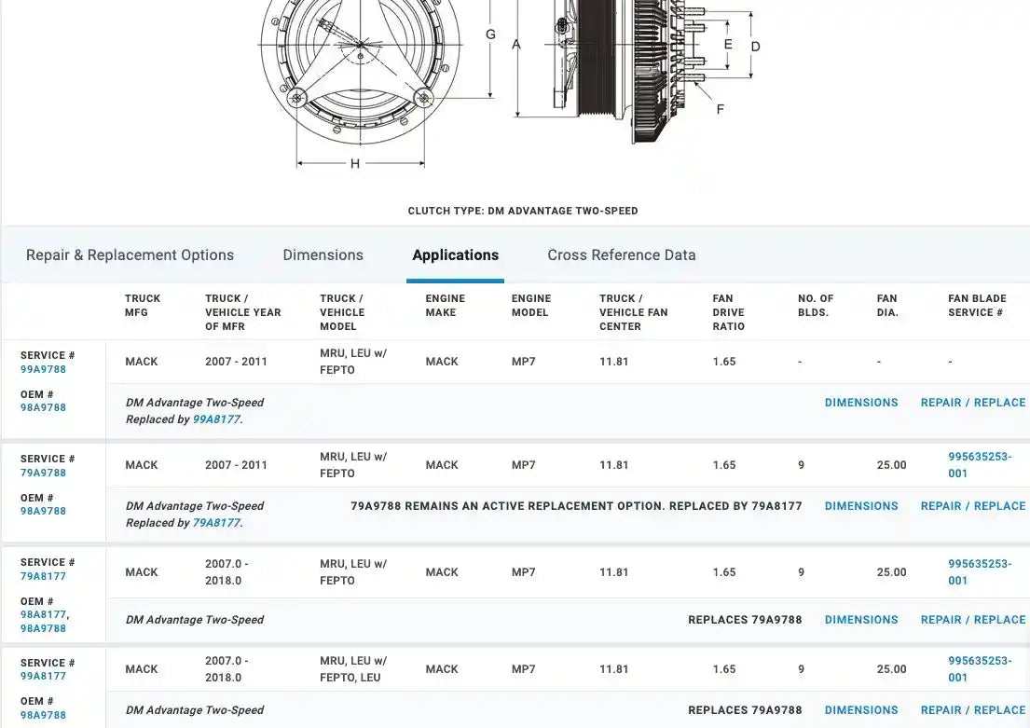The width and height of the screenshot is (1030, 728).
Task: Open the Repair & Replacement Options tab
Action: click(130, 255)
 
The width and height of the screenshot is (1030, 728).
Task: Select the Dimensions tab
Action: click(323, 255)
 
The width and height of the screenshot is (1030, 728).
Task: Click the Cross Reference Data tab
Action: click(621, 255)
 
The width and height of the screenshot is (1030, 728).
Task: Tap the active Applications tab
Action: click(455, 255)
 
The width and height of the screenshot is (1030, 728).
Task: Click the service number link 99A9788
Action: click(43, 369)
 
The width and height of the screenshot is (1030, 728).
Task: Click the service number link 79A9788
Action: click(43, 473)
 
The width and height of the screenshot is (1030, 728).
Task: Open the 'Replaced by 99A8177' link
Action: click(216, 419)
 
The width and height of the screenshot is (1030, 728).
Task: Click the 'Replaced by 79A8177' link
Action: click(216, 523)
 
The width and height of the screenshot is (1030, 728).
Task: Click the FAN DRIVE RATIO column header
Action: click(729, 312)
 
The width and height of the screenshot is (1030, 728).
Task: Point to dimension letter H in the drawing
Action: click(355, 164)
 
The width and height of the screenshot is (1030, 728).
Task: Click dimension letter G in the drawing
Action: click(490, 34)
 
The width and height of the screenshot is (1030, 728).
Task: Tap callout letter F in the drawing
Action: click(720, 109)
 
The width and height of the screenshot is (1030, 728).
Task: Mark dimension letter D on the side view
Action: click(755, 47)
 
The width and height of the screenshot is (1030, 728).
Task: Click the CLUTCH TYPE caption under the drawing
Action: click(523, 211)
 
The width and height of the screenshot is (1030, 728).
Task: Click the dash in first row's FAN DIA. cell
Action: click(879, 362)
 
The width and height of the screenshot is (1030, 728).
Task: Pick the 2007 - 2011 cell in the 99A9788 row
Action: click(236, 362)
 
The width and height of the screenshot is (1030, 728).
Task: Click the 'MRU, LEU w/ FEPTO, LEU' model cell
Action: click(353, 669)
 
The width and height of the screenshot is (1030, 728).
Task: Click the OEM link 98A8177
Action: click(43, 614)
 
